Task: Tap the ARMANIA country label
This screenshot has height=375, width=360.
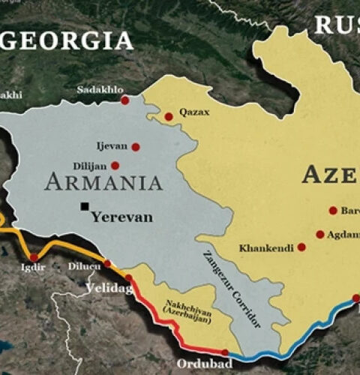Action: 103,182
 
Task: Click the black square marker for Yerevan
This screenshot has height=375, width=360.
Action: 86,207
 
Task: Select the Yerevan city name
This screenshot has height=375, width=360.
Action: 121,217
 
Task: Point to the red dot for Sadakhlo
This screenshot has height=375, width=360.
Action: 124,99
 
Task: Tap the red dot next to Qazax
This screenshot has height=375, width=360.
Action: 169,115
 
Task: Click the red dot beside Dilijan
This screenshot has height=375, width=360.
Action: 115,166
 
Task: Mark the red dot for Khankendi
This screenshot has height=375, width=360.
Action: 301,247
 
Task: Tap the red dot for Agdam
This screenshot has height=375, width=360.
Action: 320,234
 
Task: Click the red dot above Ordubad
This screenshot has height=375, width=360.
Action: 225,352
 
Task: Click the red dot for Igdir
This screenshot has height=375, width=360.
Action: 34,257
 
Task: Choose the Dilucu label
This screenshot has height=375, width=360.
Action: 84,265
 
